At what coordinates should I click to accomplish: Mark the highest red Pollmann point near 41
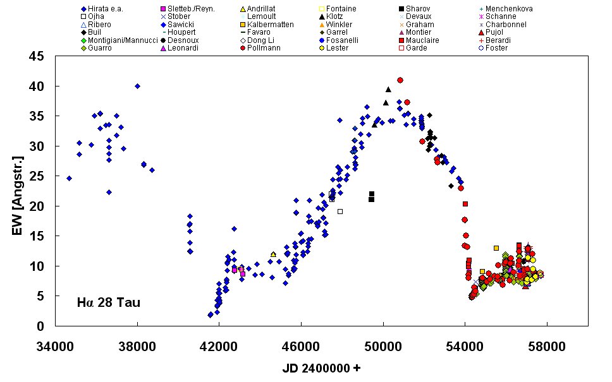click(x=400, y=80)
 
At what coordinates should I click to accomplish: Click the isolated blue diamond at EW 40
click(x=137, y=86)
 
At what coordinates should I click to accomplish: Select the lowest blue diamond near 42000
click(x=211, y=314)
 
